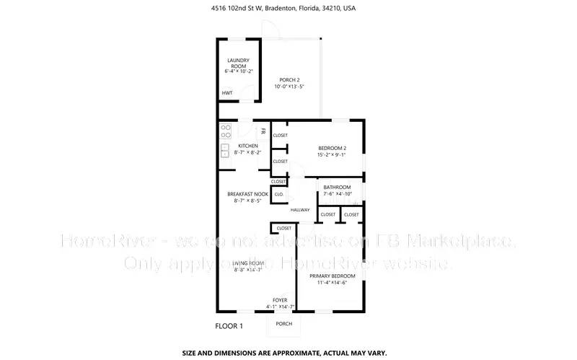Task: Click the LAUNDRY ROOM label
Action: (237, 63)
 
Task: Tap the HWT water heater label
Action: (227, 93)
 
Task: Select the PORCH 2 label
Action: (289, 79)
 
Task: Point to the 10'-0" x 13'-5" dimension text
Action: (289, 87)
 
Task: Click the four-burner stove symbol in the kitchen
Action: (226, 131)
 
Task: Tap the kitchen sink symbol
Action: (225, 151)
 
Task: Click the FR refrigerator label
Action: (263, 131)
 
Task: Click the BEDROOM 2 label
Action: (331, 148)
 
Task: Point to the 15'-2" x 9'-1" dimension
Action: (331, 154)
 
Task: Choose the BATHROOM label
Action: (337, 188)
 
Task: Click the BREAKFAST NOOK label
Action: (247, 194)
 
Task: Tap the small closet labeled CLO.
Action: (278, 194)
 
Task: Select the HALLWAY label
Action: (300, 210)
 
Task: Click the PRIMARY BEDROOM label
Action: (332, 276)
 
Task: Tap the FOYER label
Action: (280, 300)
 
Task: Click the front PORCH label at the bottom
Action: (284, 323)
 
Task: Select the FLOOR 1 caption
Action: (229, 326)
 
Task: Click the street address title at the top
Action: (288, 9)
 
